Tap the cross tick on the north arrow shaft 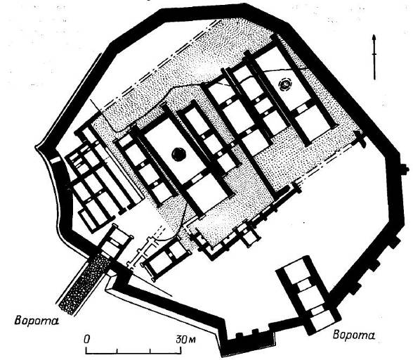pos(374,54)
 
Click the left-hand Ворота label pos(37,321)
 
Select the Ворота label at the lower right pos(354,335)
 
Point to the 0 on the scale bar pos(87,339)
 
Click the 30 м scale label pos(186,339)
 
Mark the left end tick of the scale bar pos(86,350)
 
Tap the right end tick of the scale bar pos(181,350)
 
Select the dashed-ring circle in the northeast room pos(284,84)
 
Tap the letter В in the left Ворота pos(18,321)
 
